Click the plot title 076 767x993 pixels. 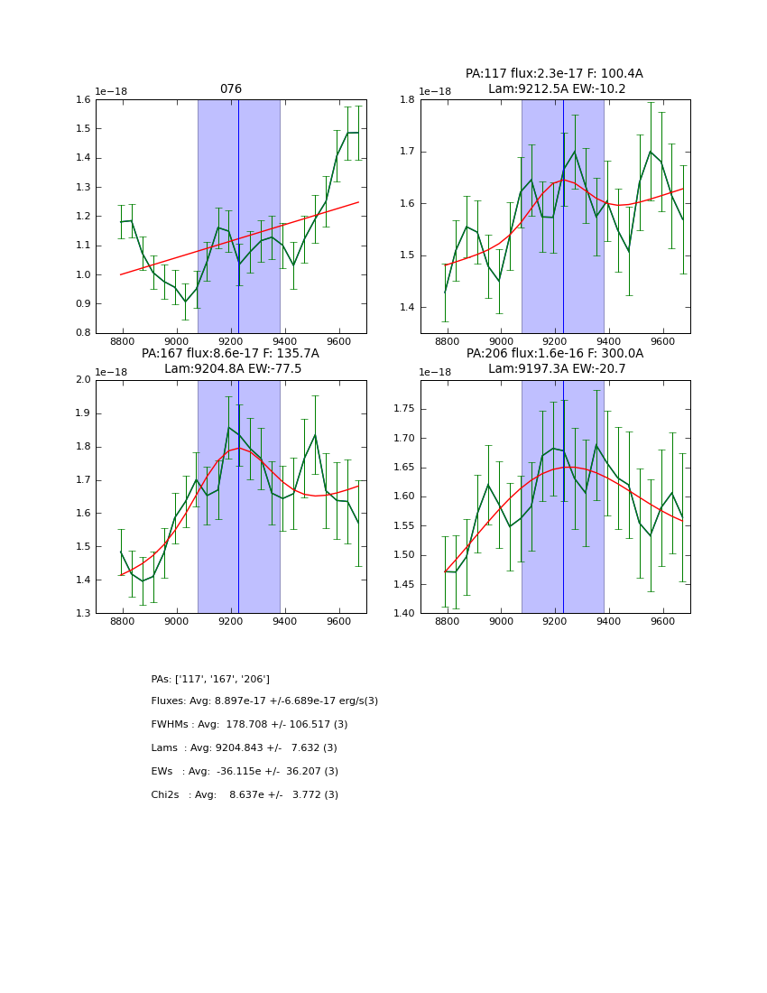pos(231,89)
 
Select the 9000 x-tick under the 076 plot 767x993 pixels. pos(177,343)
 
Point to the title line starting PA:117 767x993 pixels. pos(554,74)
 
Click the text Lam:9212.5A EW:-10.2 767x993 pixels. pos(556,88)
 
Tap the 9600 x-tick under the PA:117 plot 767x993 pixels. pos(663,343)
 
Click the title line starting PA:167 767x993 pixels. pos(230,354)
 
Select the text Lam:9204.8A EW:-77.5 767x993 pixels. pos(232,368)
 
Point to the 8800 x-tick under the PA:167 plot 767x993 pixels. pos(123,623)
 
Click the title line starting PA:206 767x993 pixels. pos(554,354)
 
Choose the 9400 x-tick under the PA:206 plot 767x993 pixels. pos(609,623)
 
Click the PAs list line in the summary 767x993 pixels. pos(210,679)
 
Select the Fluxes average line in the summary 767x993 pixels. pos(264,701)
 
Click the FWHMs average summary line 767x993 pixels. pos(249,725)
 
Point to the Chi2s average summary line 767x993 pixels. pos(245,795)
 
